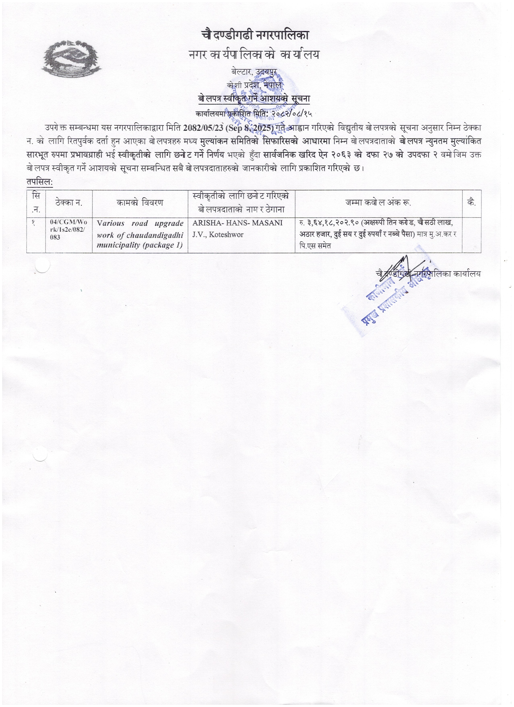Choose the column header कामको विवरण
tap(140, 203)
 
